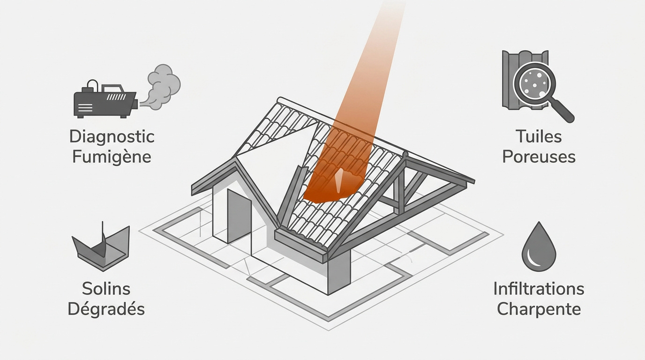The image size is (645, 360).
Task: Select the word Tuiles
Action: pos(539,136)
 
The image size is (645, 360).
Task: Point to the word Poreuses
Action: pos(539,157)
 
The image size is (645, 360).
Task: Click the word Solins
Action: pos(106,289)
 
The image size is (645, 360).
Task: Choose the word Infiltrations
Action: pos(539,289)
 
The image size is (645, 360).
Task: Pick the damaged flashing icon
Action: pos(101,247)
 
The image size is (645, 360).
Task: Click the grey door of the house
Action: pos(239,216)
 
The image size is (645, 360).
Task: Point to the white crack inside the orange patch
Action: pos(339,180)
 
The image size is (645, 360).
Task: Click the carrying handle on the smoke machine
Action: pos(92,85)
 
